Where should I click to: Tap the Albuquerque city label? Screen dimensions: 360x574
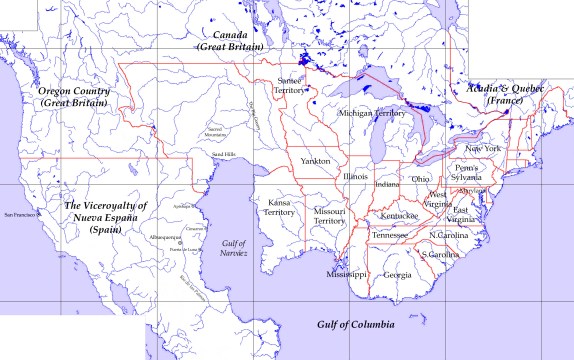coord(165,237)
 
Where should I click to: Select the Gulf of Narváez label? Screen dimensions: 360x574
coord(234,248)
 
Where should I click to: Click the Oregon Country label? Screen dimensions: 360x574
coord(72,97)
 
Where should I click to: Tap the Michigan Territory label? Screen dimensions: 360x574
coord(371,114)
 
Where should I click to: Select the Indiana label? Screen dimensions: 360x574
coord(386,184)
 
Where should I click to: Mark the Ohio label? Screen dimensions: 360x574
coord(420,179)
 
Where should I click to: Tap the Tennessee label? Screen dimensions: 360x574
coord(390,235)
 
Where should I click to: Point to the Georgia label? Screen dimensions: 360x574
coord(397,275)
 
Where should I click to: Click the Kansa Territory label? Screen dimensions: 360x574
coord(279,207)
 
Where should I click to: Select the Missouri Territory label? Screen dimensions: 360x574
coord(329,217)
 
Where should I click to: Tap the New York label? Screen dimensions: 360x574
coord(483,148)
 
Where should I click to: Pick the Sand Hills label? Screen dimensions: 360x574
coord(223,154)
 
